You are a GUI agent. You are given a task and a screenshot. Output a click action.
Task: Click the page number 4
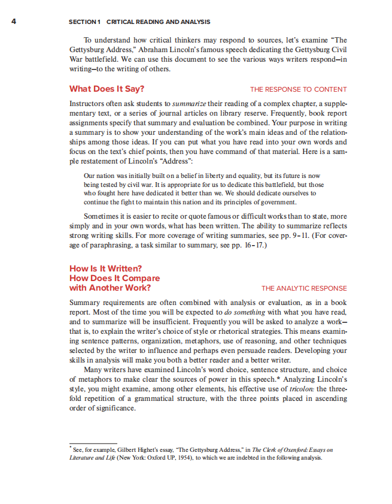14,22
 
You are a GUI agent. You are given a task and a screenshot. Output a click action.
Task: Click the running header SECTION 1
83,22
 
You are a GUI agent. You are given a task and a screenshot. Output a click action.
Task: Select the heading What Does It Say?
107,89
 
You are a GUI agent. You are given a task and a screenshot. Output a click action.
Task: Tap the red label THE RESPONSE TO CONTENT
298,90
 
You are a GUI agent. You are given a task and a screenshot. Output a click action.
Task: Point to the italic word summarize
190,104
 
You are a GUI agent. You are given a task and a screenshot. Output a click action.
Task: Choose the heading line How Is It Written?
106,268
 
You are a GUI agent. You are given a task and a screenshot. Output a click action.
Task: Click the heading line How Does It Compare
114,278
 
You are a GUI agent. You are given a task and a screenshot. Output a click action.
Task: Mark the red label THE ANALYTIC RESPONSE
304,288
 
